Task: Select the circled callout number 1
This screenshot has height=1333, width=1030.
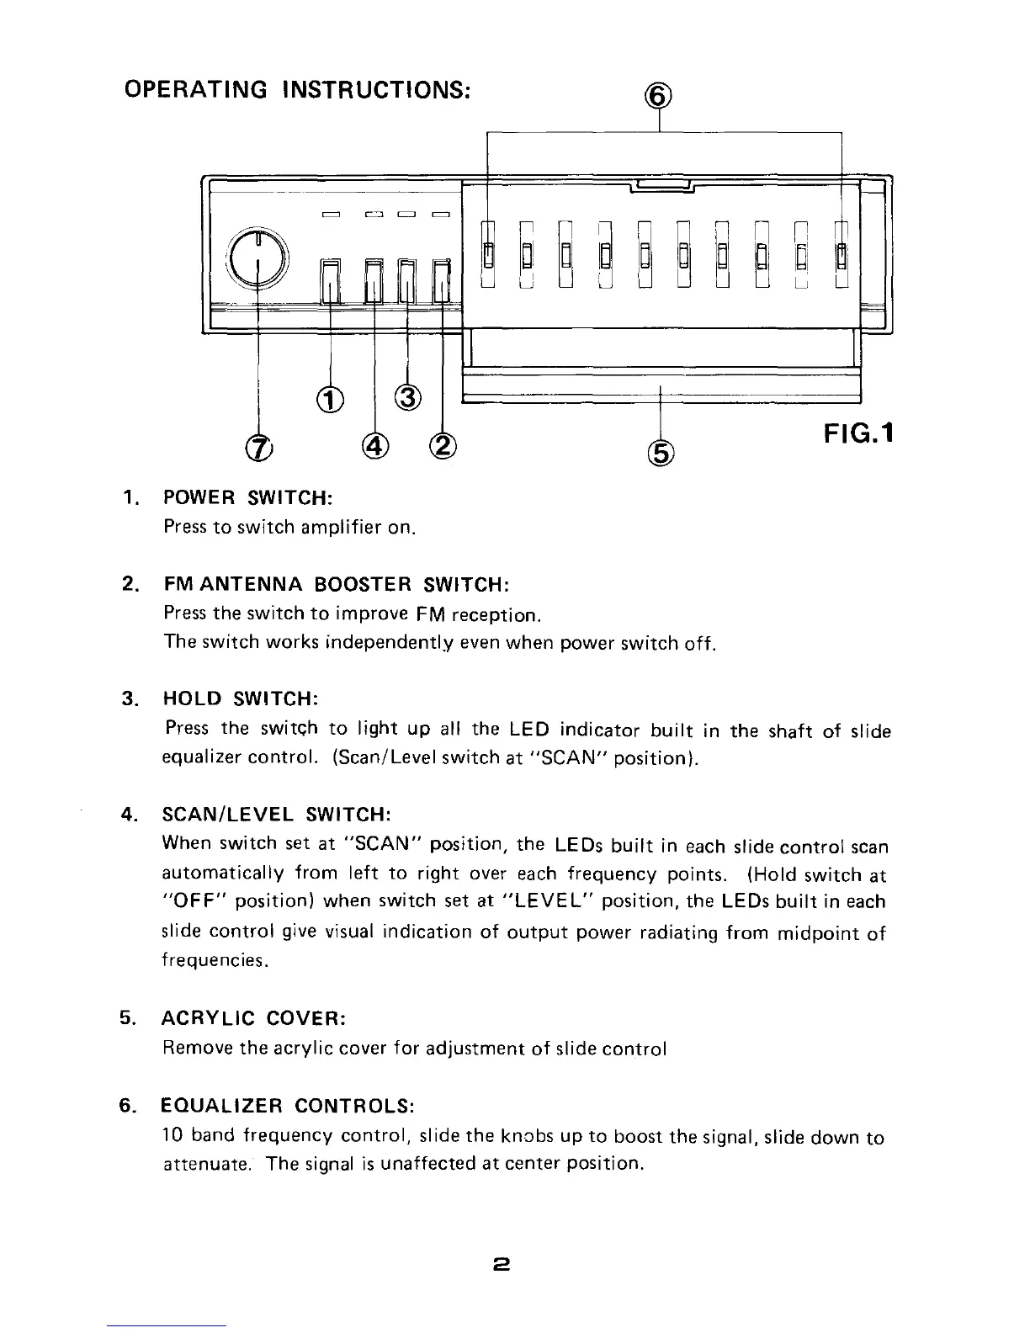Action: click(331, 398)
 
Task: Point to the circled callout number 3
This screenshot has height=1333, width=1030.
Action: click(407, 396)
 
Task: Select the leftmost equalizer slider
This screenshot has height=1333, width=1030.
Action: click(487, 252)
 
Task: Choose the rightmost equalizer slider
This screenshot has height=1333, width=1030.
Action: click(841, 252)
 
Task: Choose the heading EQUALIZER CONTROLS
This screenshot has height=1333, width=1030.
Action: click(288, 1104)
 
